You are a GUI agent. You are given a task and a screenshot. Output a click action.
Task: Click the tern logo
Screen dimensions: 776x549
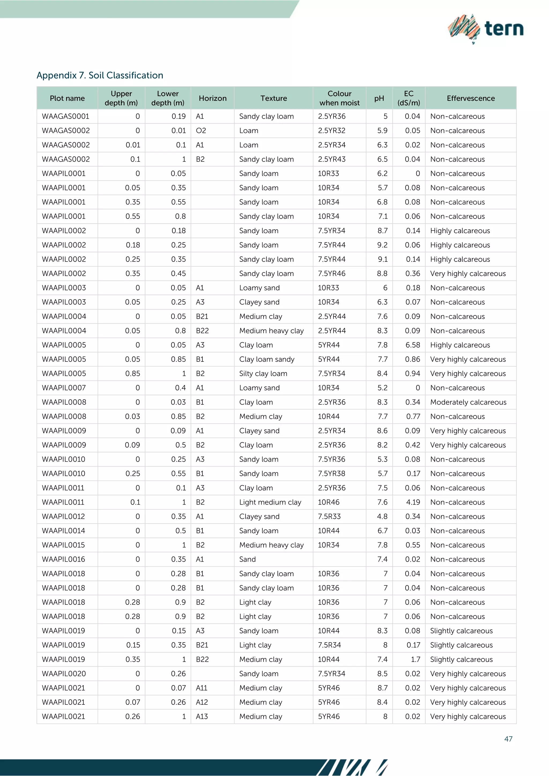click(486, 29)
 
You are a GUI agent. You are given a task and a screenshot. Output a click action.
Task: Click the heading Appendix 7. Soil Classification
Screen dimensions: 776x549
click(100, 75)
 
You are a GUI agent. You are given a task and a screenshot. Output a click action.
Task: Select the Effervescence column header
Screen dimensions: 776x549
click(470, 98)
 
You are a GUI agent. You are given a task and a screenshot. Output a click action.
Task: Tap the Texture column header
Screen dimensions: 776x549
click(273, 98)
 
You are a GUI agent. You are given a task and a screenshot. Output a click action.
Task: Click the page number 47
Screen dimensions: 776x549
click(508, 739)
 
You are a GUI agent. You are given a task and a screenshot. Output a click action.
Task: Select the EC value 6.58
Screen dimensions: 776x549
click(413, 345)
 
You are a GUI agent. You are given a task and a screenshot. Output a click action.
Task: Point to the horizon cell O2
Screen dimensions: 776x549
click(201, 130)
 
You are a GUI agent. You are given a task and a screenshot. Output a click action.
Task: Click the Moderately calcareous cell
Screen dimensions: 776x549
click(468, 402)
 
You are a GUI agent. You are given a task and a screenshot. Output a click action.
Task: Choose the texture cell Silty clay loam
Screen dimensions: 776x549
click(263, 374)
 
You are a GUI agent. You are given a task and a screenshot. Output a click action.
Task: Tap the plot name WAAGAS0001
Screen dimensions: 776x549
click(66, 116)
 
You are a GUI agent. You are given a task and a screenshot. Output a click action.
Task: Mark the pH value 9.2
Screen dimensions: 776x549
click(382, 245)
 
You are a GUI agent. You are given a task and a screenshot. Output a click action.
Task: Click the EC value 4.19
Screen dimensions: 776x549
click(413, 502)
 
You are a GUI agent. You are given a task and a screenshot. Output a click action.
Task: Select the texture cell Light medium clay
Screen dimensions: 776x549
click(270, 502)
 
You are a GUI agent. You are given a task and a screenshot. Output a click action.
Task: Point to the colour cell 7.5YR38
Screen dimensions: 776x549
click(331, 473)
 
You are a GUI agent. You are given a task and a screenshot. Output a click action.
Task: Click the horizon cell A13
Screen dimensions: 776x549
click(202, 717)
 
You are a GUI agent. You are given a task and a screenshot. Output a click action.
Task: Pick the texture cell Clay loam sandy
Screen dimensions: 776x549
click(267, 359)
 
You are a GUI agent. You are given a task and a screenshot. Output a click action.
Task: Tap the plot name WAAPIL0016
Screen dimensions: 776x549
click(64, 559)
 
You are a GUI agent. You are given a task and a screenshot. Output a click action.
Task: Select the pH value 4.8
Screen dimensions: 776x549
click(382, 516)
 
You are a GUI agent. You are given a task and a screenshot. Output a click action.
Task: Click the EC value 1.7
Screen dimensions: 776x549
click(416, 659)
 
